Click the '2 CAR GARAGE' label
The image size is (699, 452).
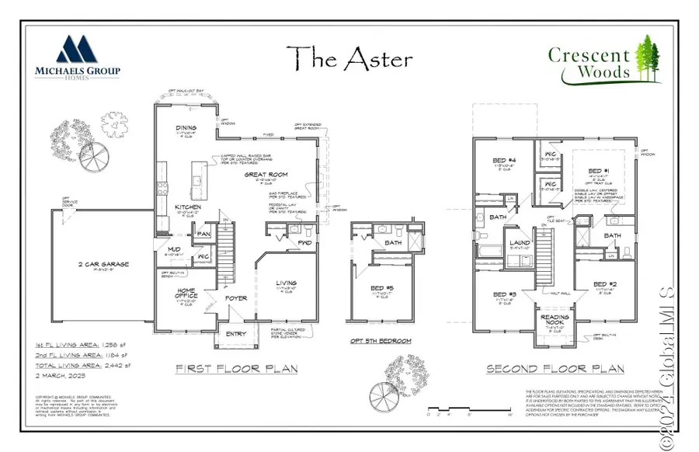(x=103, y=265)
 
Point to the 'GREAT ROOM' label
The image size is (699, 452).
(x=266, y=175)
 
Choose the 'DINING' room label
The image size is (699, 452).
(x=186, y=127)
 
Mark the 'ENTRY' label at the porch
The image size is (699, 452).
(x=235, y=334)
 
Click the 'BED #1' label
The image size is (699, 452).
(x=598, y=171)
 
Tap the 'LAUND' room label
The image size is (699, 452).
(x=519, y=243)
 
